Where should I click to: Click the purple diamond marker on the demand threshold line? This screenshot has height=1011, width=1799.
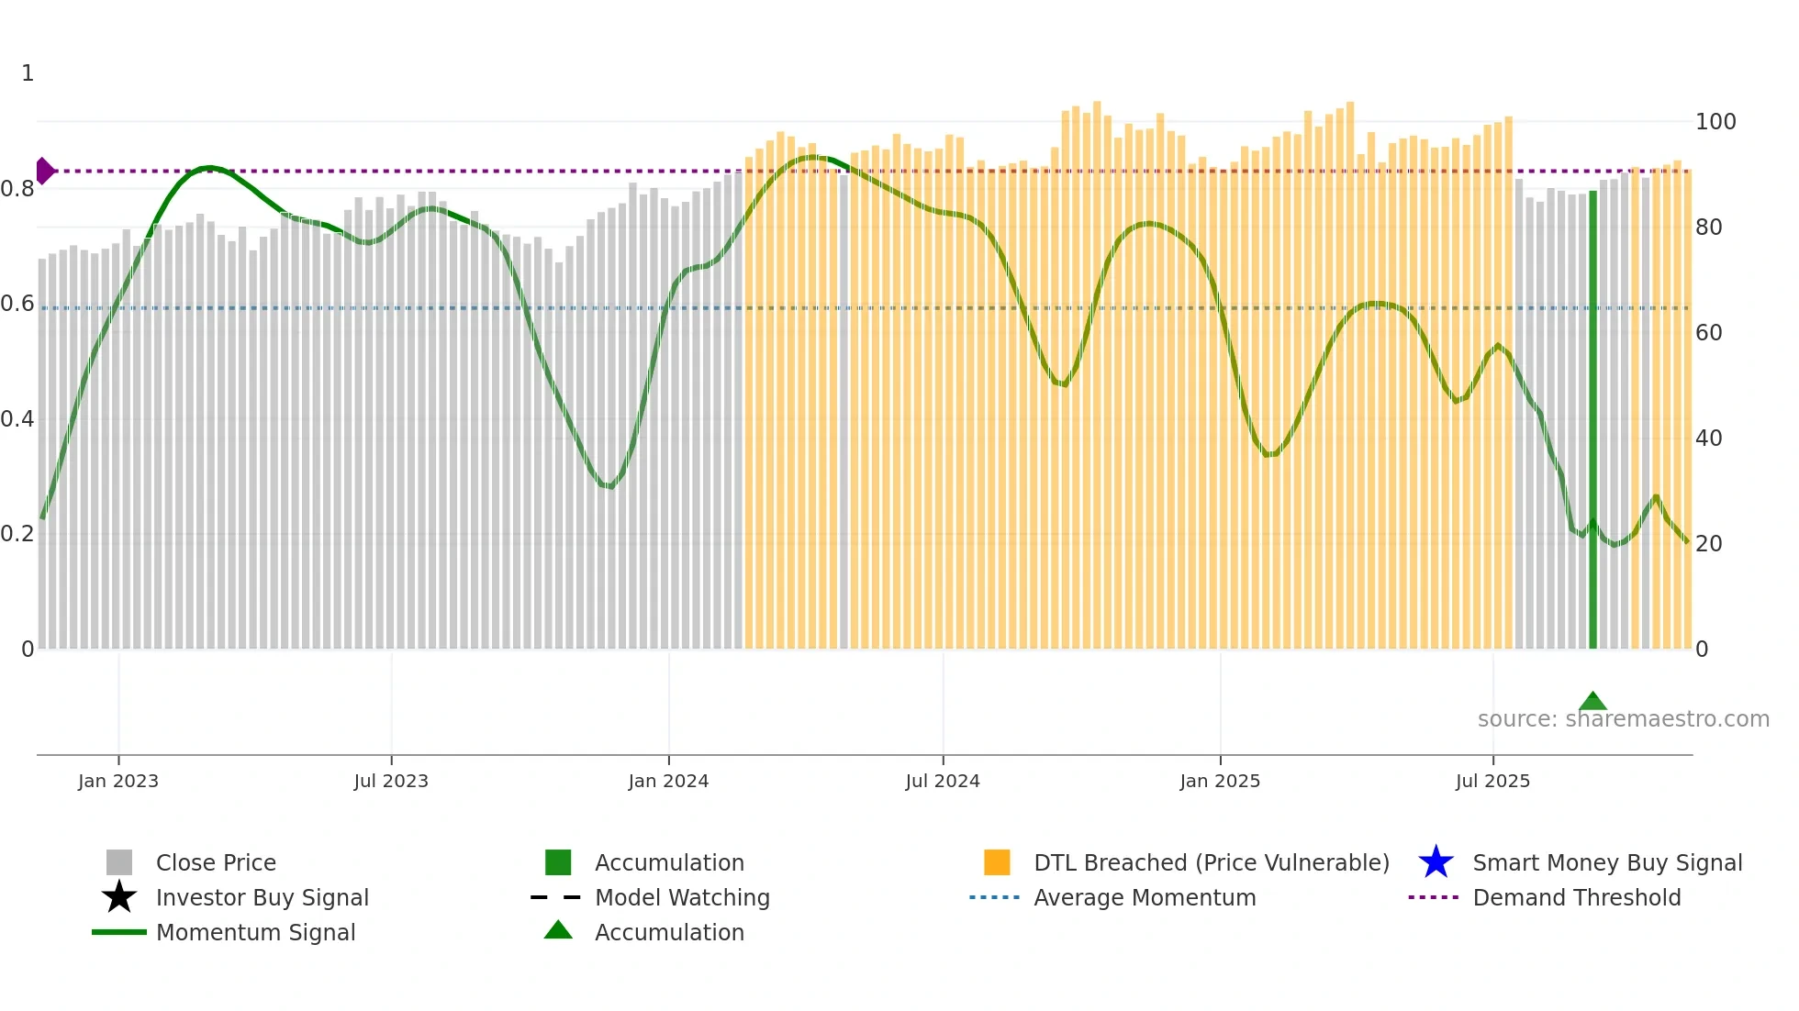44,171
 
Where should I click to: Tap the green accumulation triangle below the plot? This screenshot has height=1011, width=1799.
1592,702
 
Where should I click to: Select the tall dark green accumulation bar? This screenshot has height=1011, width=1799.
1592,422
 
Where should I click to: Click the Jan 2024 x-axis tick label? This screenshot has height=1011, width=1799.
668,781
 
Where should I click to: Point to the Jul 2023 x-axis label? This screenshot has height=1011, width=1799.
391,781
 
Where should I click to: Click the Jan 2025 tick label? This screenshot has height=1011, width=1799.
1220,781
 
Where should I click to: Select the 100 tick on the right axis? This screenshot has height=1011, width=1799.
1715,122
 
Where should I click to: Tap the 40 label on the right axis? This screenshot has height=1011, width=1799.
1708,439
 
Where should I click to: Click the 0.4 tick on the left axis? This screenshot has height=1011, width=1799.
17,419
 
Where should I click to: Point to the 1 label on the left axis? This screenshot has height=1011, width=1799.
28,73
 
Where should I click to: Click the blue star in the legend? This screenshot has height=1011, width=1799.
1436,862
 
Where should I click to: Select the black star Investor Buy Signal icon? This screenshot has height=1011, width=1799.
119,897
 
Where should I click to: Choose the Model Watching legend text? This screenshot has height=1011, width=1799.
682,897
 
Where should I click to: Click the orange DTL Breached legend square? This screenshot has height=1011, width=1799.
997,862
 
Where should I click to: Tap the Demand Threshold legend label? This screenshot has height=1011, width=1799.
1576,897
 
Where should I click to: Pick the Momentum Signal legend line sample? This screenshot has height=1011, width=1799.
119,932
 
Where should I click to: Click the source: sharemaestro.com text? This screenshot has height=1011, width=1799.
1623,719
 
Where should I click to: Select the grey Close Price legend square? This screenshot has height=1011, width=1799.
119,862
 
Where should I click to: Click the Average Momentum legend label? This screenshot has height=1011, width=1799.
1145,897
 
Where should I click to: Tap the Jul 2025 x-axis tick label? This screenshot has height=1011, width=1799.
1492,781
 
